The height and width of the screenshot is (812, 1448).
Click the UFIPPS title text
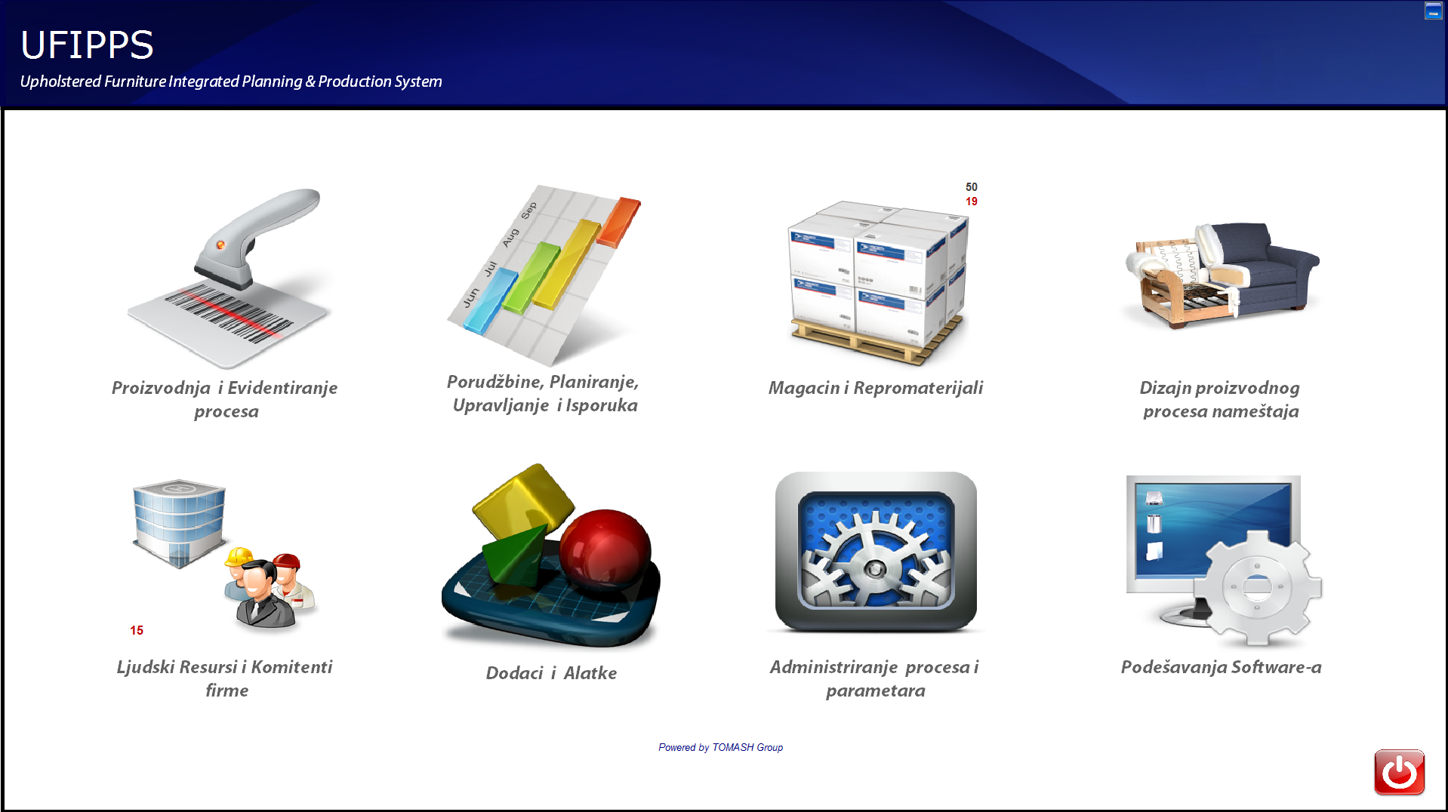pyautogui.click(x=87, y=45)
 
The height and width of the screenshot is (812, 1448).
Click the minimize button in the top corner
pyautogui.click(x=1433, y=11)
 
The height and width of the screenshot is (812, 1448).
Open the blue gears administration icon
pyautogui.click(x=876, y=552)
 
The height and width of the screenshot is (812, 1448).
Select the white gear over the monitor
pyautogui.click(x=1258, y=587)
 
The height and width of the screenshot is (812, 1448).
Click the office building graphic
pyautogui.click(x=179, y=522)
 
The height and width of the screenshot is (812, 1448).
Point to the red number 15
pyautogui.click(x=137, y=630)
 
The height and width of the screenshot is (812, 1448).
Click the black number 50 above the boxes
pyautogui.click(x=972, y=186)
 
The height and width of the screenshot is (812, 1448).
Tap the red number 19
pyautogui.click(x=972, y=201)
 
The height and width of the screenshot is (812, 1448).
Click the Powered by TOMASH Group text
pyautogui.click(x=720, y=747)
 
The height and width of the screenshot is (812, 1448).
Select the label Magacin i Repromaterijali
pyautogui.click(x=876, y=388)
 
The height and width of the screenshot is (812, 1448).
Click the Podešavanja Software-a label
pyautogui.click(x=1222, y=667)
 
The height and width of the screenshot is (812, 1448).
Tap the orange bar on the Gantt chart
pyautogui.click(x=618, y=222)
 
